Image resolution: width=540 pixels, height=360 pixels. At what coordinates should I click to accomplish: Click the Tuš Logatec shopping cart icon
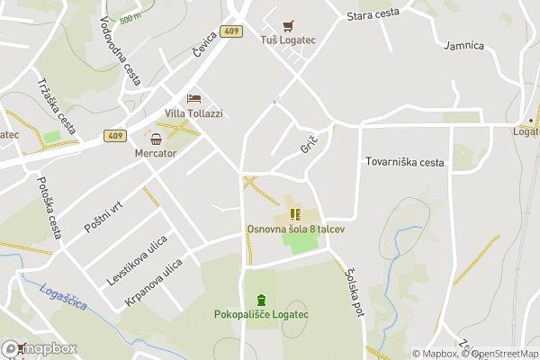coord(288,26)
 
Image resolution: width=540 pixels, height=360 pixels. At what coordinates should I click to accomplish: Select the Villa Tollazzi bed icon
coord(193,98)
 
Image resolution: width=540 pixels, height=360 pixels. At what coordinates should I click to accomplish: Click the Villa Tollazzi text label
coord(193,113)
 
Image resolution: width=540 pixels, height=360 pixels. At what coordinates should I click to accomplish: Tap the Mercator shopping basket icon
coord(157,139)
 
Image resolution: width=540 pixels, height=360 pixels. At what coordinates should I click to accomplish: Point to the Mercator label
coord(156,153)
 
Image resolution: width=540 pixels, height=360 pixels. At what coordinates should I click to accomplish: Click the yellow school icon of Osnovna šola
coord(294,214)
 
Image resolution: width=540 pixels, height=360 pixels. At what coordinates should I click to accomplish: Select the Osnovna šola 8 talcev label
coord(296,229)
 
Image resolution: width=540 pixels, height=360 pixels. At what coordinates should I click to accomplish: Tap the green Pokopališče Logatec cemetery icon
coord(261,300)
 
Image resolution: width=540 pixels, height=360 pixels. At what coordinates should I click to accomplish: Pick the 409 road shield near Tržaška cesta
coord(113,136)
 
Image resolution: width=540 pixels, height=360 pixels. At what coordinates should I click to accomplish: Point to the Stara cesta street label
coord(373,14)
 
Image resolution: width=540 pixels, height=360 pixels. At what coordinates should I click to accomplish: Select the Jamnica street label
coord(464,46)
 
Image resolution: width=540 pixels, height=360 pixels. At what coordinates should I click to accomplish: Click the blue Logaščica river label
coord(64,296)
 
